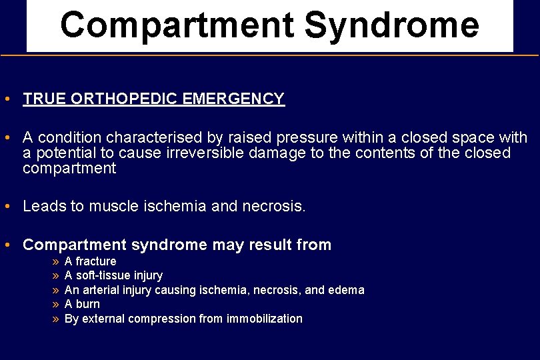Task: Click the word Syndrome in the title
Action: (x=391, y=25)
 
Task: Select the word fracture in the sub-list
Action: (x=95, y=261)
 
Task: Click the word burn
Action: (x=87, y=304)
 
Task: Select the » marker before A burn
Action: (x=55, y=304)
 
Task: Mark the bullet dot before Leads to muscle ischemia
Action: (x=6, y=207)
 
